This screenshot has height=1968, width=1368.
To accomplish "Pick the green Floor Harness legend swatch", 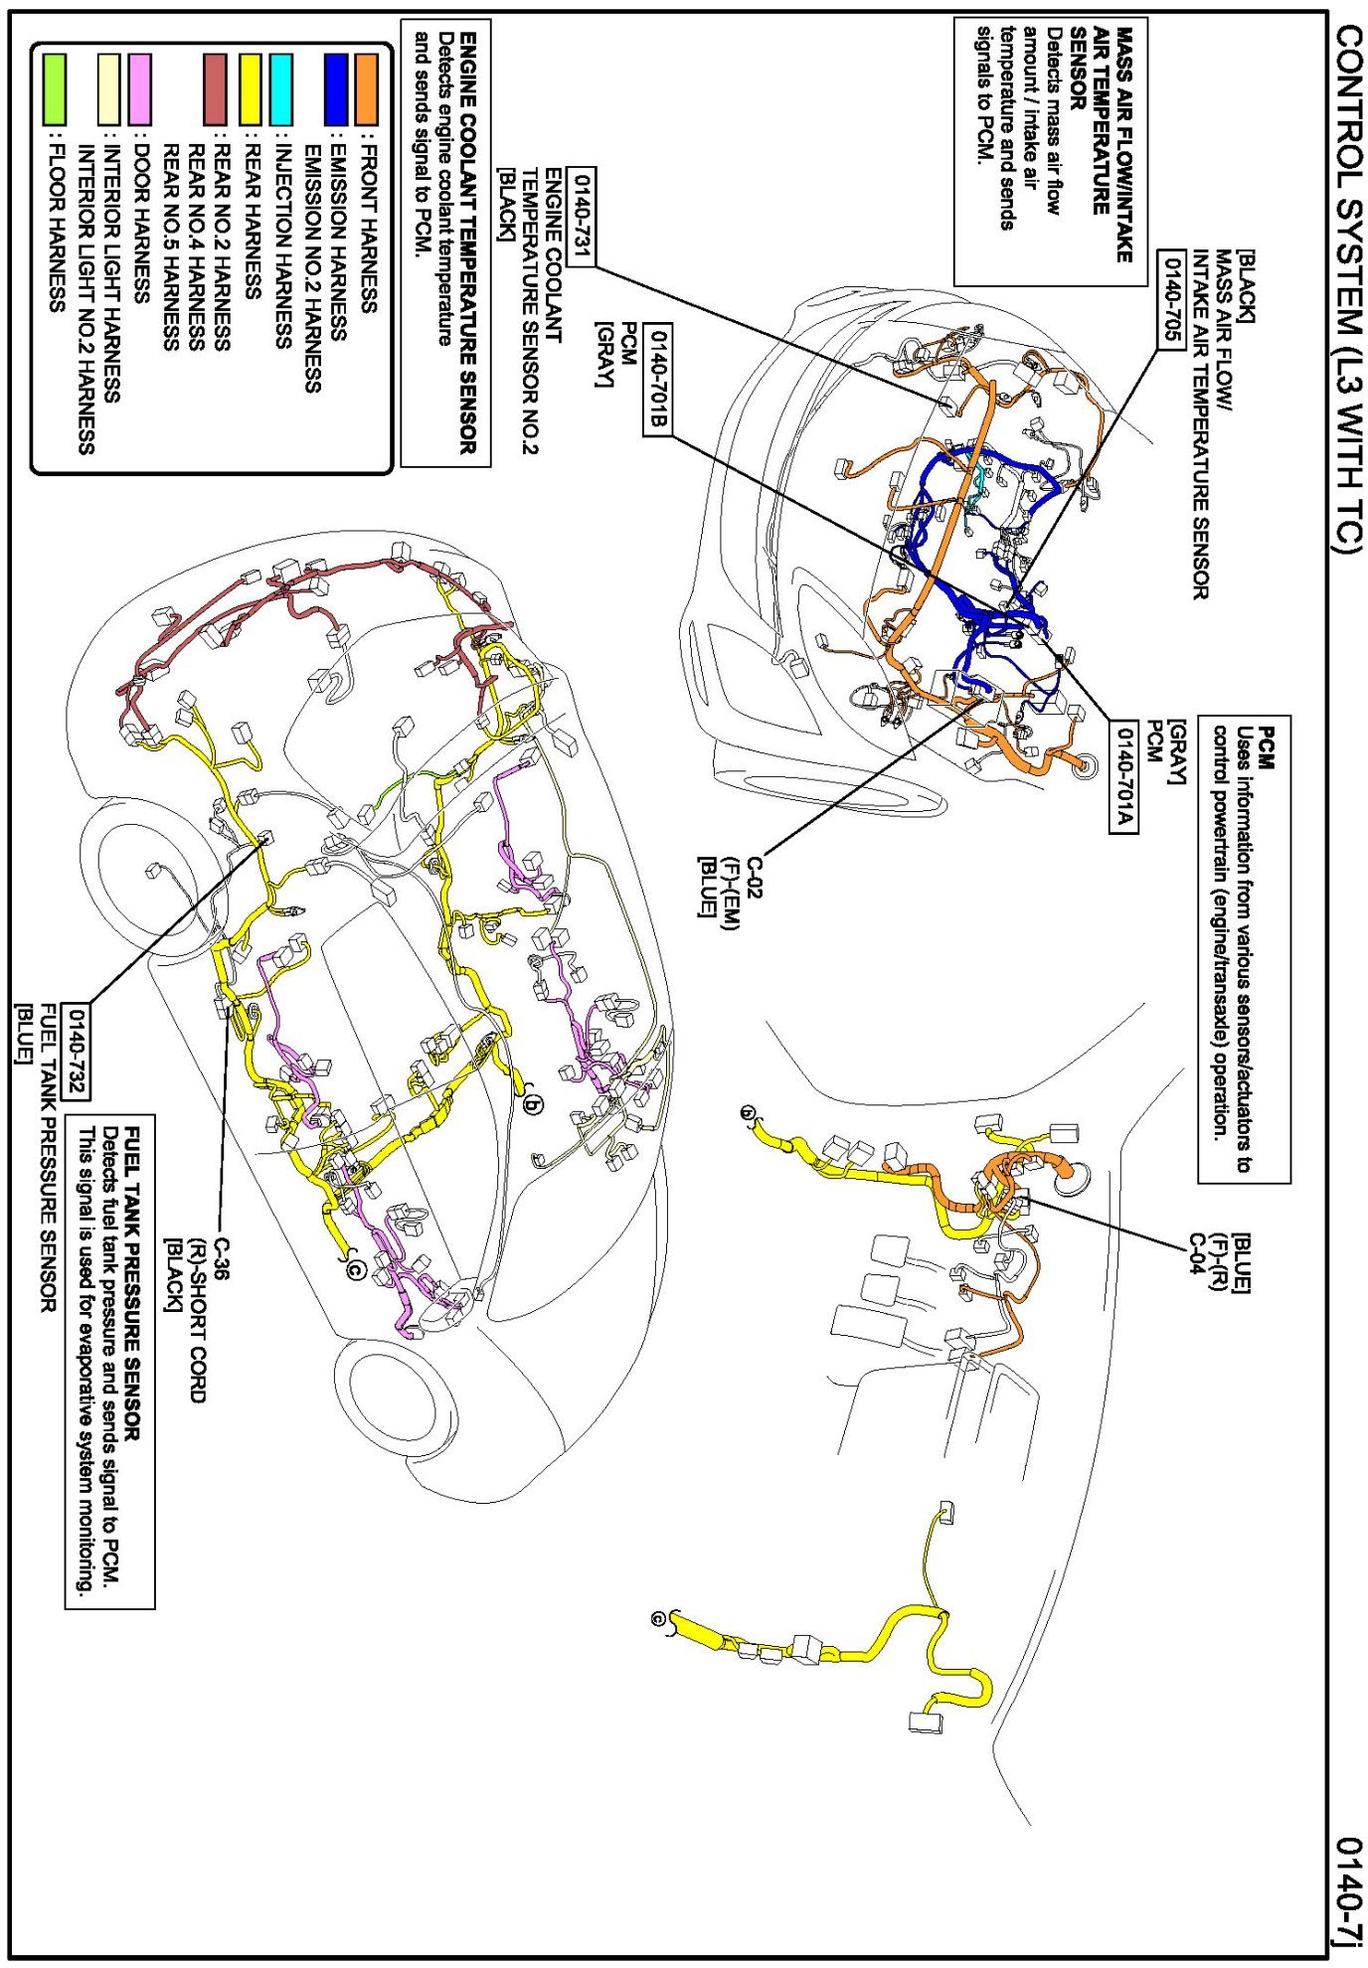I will tap(55, 88).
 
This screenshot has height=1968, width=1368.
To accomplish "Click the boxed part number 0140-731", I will tap(582, 217).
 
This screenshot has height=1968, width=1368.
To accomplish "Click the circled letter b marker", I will tap(534, 1104).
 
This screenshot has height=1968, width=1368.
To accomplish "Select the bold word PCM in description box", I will tap(1267, 745).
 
